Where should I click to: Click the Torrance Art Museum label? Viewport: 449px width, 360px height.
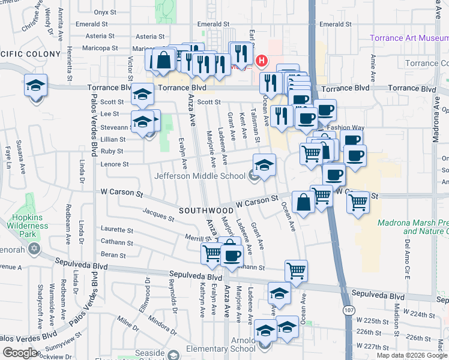(x=409, y=38)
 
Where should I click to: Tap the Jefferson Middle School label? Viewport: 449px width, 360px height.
(x=200, y=176)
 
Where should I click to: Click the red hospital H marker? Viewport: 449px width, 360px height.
(x=262, y=61)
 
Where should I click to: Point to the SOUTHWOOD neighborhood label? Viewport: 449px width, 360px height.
(x=206, y=211)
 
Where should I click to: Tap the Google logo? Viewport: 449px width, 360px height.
(x=20, y=353)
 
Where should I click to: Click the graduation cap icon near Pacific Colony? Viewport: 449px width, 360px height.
(x=35, y=85)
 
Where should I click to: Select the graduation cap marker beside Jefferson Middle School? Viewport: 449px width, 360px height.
(x=264, y=164)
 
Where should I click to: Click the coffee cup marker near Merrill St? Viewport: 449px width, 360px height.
(x=232, y=256)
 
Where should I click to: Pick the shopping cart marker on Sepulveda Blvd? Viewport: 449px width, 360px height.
(x=296, y=270)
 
